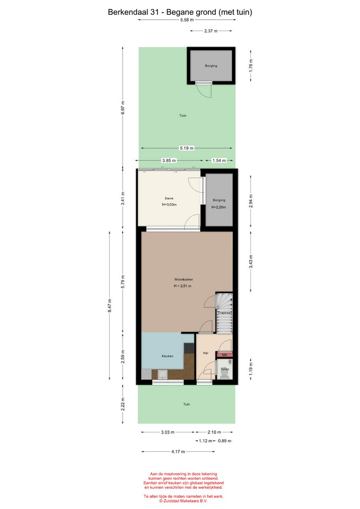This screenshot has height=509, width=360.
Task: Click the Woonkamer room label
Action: click(x=183, y=279)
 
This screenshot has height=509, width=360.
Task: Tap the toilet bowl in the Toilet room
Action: click(x=224, y=374)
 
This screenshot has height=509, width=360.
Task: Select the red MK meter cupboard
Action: click(x=224, y=355)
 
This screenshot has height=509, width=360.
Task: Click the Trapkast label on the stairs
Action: click(x=224, y=313)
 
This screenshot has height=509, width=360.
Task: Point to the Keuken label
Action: click(x=168, y=356)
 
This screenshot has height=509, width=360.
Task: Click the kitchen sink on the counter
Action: click(x=162, y=375)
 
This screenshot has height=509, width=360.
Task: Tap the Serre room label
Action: click(x=169, y=198)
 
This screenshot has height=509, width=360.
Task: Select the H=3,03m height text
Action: click(x=169, y=205)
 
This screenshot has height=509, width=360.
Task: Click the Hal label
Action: click(x=206, y=353)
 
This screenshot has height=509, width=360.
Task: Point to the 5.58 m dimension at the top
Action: click(x=187, y=20)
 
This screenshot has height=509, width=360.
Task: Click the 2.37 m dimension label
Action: click(x=211, y=31)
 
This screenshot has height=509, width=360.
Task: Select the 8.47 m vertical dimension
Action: click(x=110, y=305)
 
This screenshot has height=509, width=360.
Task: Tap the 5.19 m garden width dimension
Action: click(x=187, y=148)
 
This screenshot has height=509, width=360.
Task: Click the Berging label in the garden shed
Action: click(x=211, y=66)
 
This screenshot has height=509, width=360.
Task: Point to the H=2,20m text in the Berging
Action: click(x=219, y=207)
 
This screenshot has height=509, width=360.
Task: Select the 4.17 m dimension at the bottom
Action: click(x=178, y=452)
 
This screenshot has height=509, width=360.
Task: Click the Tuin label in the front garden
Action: click(x=186, y=404)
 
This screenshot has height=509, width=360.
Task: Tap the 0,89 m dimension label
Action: click(x=225, y=441)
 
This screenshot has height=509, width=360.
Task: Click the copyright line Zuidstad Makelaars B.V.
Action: click(x=183, y=501)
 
